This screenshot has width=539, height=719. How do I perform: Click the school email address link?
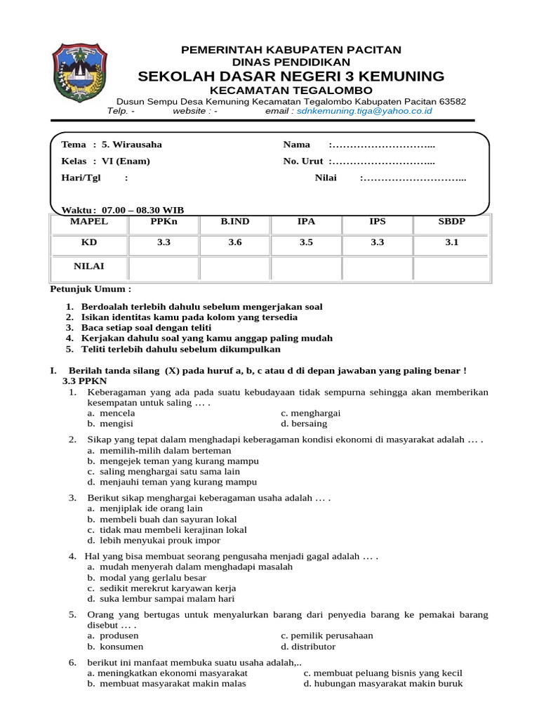pos(364,111)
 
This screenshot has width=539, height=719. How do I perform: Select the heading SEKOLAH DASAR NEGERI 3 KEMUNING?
pos(291,76)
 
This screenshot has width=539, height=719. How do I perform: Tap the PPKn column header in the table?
pos(164,222)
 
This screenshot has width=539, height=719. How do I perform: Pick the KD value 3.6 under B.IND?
pos(235,242)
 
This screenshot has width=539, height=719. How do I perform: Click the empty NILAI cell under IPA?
pos(306,268)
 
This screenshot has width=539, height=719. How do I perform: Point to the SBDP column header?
pos(448,222)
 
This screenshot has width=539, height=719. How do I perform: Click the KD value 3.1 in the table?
pos(448,242)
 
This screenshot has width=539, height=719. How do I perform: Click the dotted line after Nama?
pos(382,145)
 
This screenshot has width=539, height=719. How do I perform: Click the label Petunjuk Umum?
pos(91,289)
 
